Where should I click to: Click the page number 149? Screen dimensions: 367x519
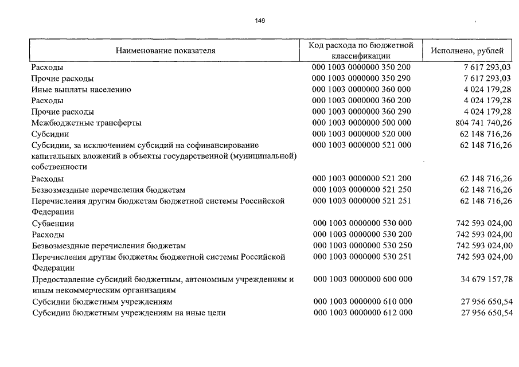pyautogui.click(x=260, y=21)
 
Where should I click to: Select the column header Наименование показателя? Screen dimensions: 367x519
pyautogui.click(x=165, y=50)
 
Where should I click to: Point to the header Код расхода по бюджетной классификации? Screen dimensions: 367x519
pyautogui.click(x=361, y=50)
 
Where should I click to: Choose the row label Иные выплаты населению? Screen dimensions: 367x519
pyautogui.click(x=81, y=89)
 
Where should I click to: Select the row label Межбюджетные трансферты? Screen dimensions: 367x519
pyautogui.click(x=86, y=123)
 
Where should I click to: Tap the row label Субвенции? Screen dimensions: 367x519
pyautogui.click(x=53, y=224)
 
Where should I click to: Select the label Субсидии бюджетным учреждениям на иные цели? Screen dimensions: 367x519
pyautogui.click(x=128, y=313)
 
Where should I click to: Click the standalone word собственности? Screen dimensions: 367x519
pyautogui.click(x=59, y=167)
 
